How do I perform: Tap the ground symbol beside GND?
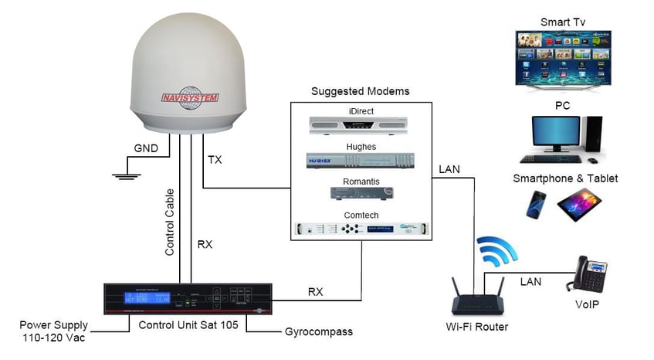pyautogui.click(x=124, y=175)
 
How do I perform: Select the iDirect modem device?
pyautogui.click(x=360, y=125)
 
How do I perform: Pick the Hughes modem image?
pyautogui.click(x=360, y=161)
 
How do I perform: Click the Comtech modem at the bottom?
pyautogui.click(x=360, y=229)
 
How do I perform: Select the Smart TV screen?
pyautogui.click(x=563, y=56)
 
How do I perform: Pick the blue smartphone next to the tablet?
pyautogui.click(x=537, y=203)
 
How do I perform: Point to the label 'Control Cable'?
pyautogui.click(x=171, y=222)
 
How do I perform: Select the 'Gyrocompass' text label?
pyautogui.click(x=318, y=332)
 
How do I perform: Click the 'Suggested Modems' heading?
pyautogui.click(x=360, y=91)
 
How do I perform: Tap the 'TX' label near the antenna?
pyautogui.click(x=215, y=160)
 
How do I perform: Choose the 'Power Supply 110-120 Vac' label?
pyautogui.click(x=54, y=331)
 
